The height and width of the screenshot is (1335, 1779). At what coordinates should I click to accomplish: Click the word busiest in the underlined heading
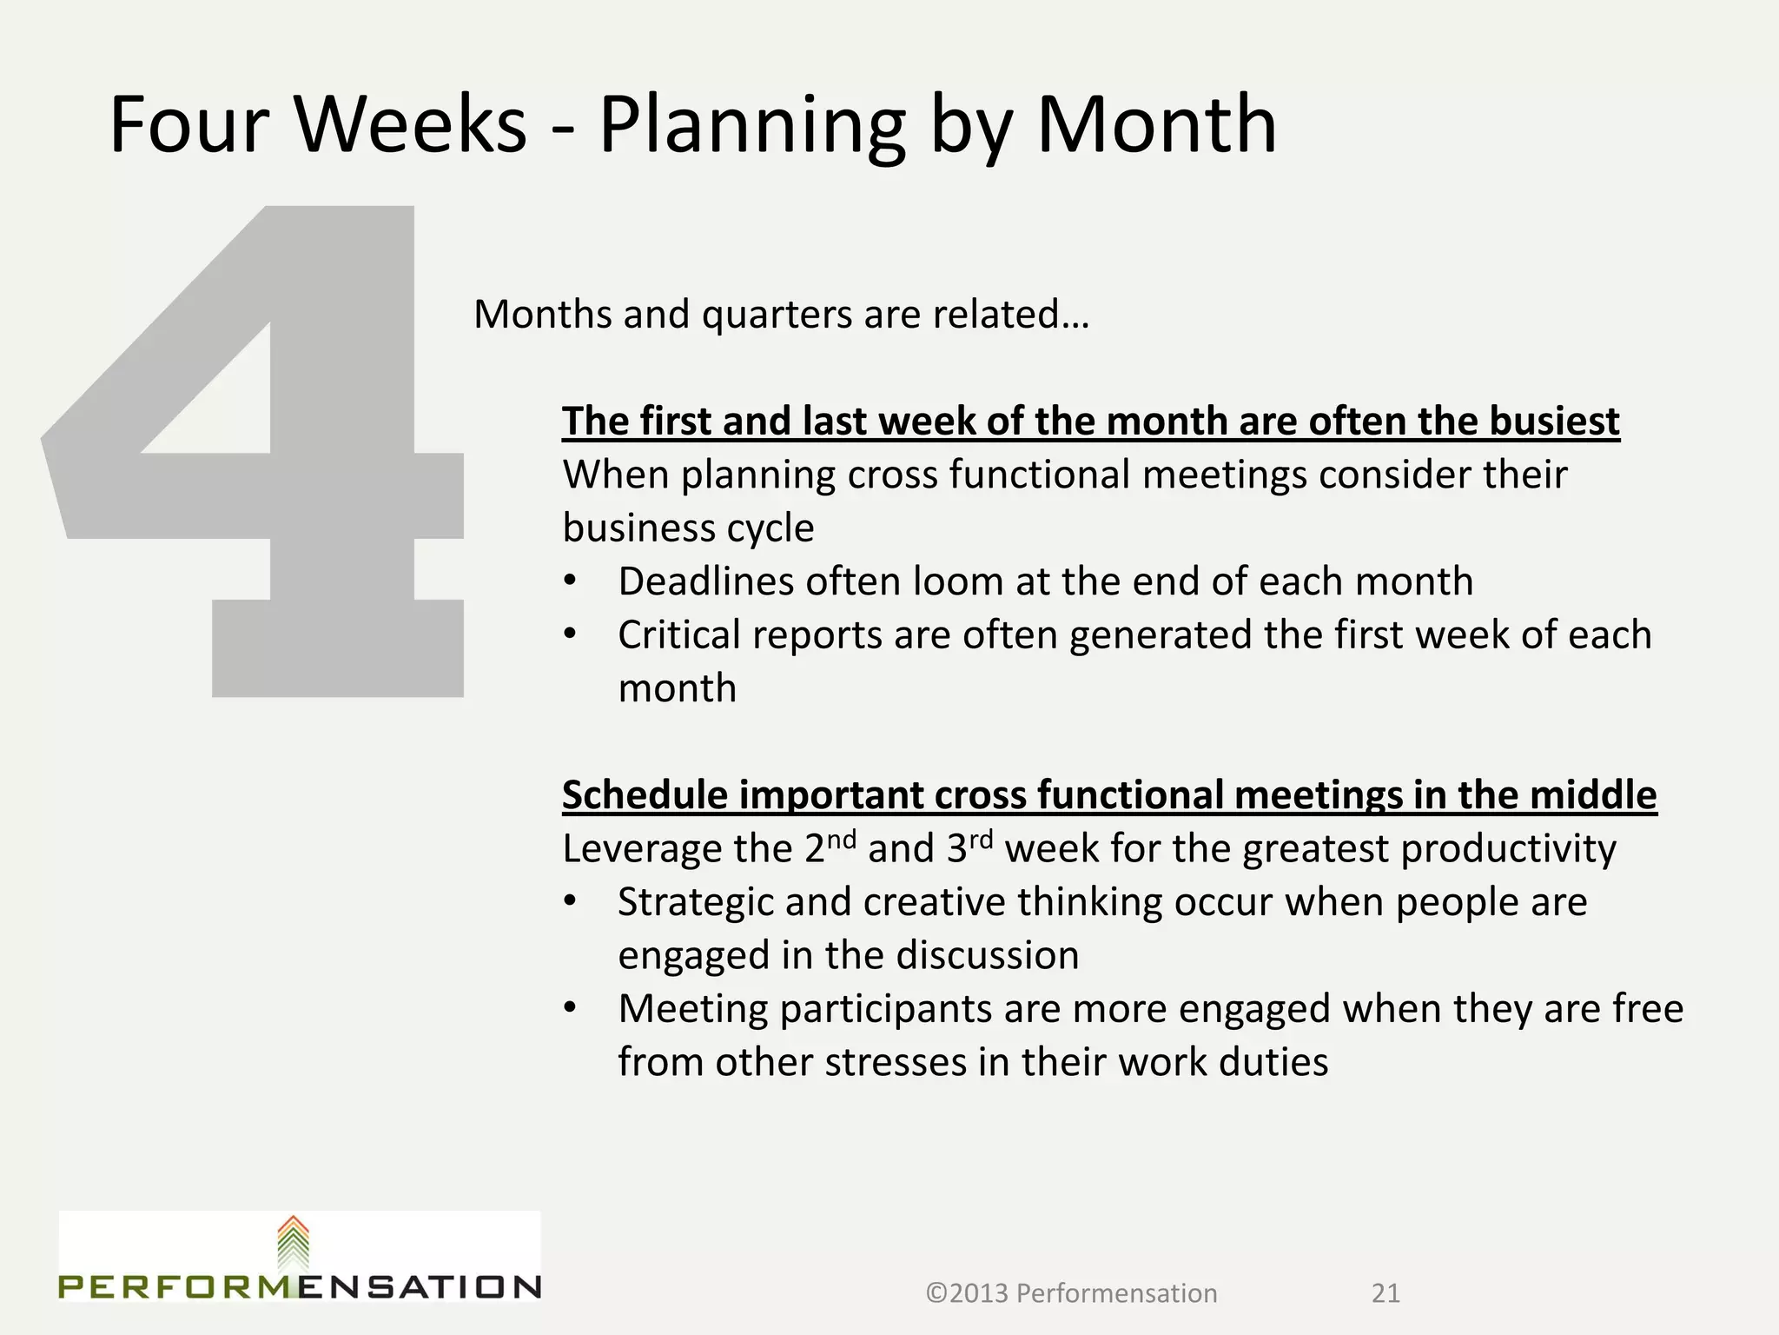point(1554,422)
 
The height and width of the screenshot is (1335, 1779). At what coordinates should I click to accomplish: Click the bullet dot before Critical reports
point(569,635)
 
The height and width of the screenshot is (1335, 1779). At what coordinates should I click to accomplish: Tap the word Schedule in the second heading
point(645,795)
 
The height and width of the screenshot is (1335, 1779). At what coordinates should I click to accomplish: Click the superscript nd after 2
point(842,839)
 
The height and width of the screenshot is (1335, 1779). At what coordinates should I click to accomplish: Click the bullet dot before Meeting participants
point(569,1009)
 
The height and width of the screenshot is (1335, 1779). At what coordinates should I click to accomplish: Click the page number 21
point(1386,1293)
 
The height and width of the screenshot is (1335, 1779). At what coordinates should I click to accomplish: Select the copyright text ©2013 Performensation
point(1071,1293)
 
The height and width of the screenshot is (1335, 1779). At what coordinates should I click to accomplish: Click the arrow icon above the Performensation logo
point(293,1244)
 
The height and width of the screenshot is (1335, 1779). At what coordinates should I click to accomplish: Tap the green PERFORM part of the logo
point(178,1286)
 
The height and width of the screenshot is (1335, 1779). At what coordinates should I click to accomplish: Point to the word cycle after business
point(771,528)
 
